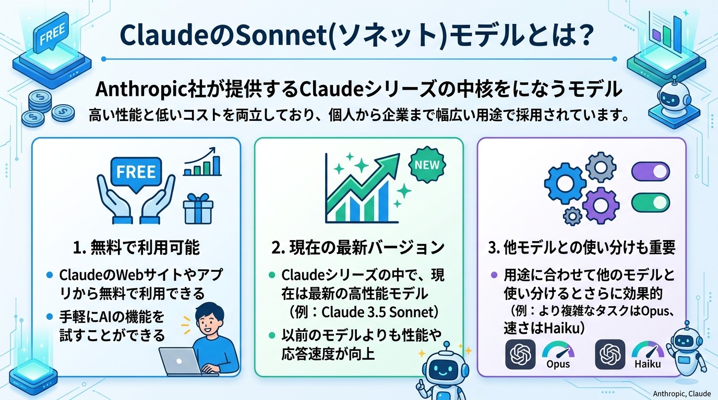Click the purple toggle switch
651,171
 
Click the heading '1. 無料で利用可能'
136,247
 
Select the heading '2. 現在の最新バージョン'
359,247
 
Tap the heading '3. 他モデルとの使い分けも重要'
581,247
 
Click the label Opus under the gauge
558,363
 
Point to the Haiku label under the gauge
648,364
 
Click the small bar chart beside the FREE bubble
202,162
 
